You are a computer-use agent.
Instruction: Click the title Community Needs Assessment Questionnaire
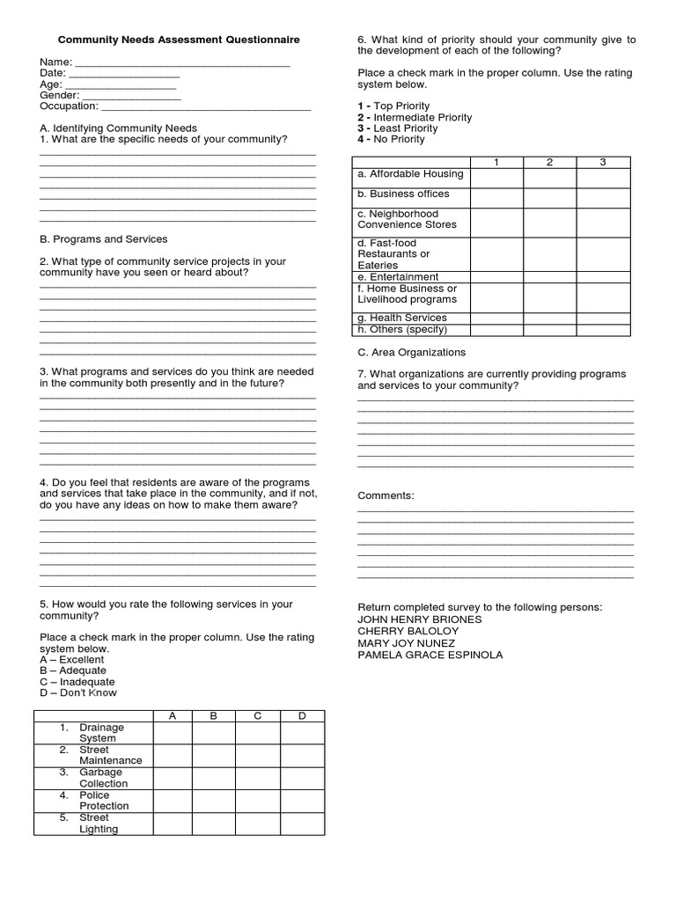179,40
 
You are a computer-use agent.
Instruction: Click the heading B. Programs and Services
103,239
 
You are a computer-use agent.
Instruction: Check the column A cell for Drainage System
173,733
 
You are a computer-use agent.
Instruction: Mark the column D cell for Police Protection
302,801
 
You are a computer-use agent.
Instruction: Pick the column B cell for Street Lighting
214,824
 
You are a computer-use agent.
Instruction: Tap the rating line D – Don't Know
77,692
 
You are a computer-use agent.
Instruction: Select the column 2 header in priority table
549,162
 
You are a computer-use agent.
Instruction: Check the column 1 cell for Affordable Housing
496,178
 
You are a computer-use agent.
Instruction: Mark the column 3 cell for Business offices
603,198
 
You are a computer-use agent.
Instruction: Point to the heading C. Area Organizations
411,352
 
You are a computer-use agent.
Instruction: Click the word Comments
386,496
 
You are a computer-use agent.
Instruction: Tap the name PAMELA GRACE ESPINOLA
430,655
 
